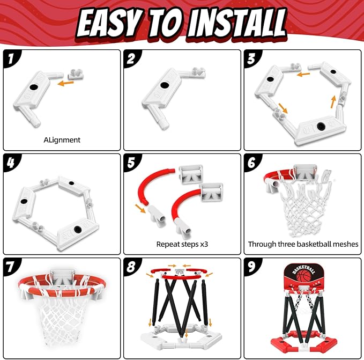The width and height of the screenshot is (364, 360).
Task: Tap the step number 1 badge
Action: coord(10,58)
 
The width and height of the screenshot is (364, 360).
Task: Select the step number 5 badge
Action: coord(132,163)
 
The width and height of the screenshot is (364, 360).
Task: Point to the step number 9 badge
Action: coord(252,266)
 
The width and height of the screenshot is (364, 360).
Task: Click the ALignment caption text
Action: coord(62,139)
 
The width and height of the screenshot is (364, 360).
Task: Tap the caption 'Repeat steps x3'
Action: coord(182,244)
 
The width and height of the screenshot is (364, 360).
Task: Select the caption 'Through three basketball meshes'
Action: coord(303,244)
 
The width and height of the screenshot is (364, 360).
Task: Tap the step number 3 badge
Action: coord(252,58)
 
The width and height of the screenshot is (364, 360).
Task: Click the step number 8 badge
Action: coord(132,266)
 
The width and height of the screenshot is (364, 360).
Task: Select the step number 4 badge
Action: coord(10,163)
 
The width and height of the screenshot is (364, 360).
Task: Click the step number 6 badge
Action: coord(252,163)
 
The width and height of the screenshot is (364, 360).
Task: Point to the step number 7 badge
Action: coord(10,266)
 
